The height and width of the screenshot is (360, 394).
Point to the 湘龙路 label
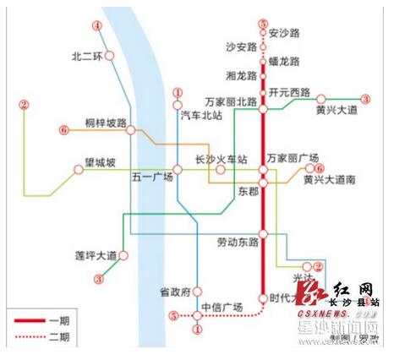coord(240,75)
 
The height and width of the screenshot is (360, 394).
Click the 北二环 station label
coord(87,57)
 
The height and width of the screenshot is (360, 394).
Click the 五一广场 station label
coord(152,177)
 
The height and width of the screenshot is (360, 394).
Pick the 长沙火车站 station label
coord(221,158)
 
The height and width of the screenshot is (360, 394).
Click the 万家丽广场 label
coord(293,158)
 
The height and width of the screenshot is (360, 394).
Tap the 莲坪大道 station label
coord(94,254)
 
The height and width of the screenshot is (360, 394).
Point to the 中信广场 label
coord(222,306)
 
